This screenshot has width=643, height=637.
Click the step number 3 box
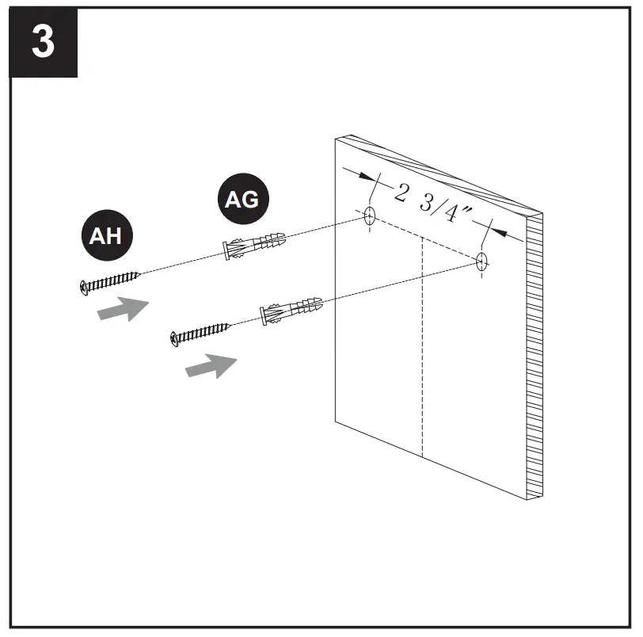point(44,43)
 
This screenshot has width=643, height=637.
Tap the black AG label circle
point(242,199)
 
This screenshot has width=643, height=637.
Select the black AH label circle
point(106,235)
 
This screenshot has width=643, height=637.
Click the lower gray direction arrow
point(211,365)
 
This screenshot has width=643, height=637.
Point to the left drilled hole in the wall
point(369,216)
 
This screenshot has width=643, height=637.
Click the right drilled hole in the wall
point(482,261)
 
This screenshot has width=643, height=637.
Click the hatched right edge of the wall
point(535,357)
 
